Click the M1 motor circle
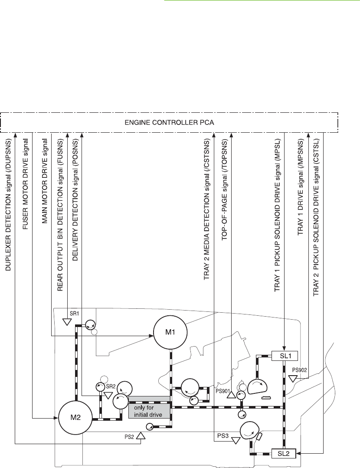tap(170, 333)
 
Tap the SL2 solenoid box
tap(283, 454)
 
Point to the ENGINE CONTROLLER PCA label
tap(170, 123)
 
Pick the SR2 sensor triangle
tap(108, 396)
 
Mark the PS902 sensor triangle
tap(293, 379)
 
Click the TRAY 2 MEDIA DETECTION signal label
tap(207, 209)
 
